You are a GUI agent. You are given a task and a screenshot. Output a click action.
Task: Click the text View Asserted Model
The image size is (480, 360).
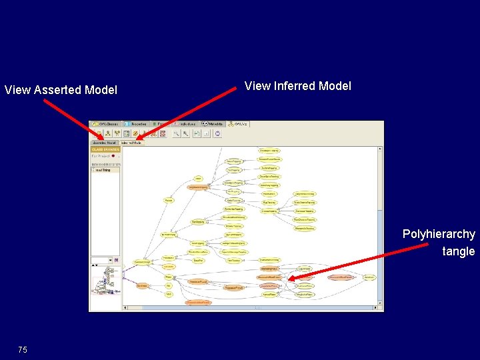(61, 90)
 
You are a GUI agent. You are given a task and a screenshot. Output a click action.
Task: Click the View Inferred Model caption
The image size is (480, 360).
(297, 86)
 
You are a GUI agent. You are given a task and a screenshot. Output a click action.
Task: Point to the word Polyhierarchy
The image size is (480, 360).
(439, 234)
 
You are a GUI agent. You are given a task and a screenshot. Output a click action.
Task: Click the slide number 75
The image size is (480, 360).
(23, 350)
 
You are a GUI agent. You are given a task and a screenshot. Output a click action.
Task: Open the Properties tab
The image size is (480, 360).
(136, 124)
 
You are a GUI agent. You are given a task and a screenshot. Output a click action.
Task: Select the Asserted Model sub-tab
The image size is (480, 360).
(104, 143)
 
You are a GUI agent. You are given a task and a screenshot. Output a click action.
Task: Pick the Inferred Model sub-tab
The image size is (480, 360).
(131, 143)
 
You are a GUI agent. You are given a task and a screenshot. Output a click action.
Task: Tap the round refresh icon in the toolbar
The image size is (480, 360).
(217, 133)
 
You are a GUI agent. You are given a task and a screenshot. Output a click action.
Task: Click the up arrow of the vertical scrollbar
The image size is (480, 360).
(381, 149)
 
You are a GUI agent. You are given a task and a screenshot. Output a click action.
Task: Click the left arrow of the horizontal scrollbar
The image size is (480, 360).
(125, 308)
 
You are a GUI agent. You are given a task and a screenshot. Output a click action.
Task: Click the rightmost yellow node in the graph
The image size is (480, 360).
(369, 277)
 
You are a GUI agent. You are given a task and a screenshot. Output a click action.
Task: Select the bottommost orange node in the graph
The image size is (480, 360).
(197, 303)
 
